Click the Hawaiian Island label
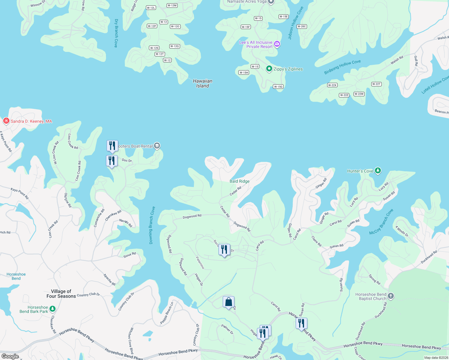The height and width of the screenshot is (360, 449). click(203, 83)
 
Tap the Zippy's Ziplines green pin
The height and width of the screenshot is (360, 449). click(269, 69)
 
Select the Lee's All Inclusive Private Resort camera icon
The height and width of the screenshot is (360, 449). click(277, 44)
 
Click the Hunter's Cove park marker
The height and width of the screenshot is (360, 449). click(378, 171)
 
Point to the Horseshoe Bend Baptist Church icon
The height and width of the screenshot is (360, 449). click(390, 296)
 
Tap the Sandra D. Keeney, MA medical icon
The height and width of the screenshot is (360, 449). click(6, 121)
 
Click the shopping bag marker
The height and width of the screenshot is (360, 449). click(228, 302)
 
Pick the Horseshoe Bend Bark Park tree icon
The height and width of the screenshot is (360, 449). click(53, 309)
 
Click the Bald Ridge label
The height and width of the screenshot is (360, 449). click(240, 181)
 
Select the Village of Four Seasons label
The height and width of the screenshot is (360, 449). click(61, 294)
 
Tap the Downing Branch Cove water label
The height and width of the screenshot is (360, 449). click(152, 225)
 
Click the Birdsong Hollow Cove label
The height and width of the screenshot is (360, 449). click(342, 67)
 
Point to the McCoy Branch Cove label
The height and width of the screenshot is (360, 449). click(381, 222)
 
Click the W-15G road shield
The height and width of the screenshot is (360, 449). click(278, 87)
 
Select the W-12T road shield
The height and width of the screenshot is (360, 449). click(160, 54)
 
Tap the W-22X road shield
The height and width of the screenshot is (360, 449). click(332, 85)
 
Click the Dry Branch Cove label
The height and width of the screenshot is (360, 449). click(116, 33)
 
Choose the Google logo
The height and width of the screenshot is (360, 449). click(10, 356)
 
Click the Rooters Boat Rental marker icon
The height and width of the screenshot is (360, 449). click(157, 146)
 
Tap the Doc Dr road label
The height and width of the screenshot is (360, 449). click(127, 160)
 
